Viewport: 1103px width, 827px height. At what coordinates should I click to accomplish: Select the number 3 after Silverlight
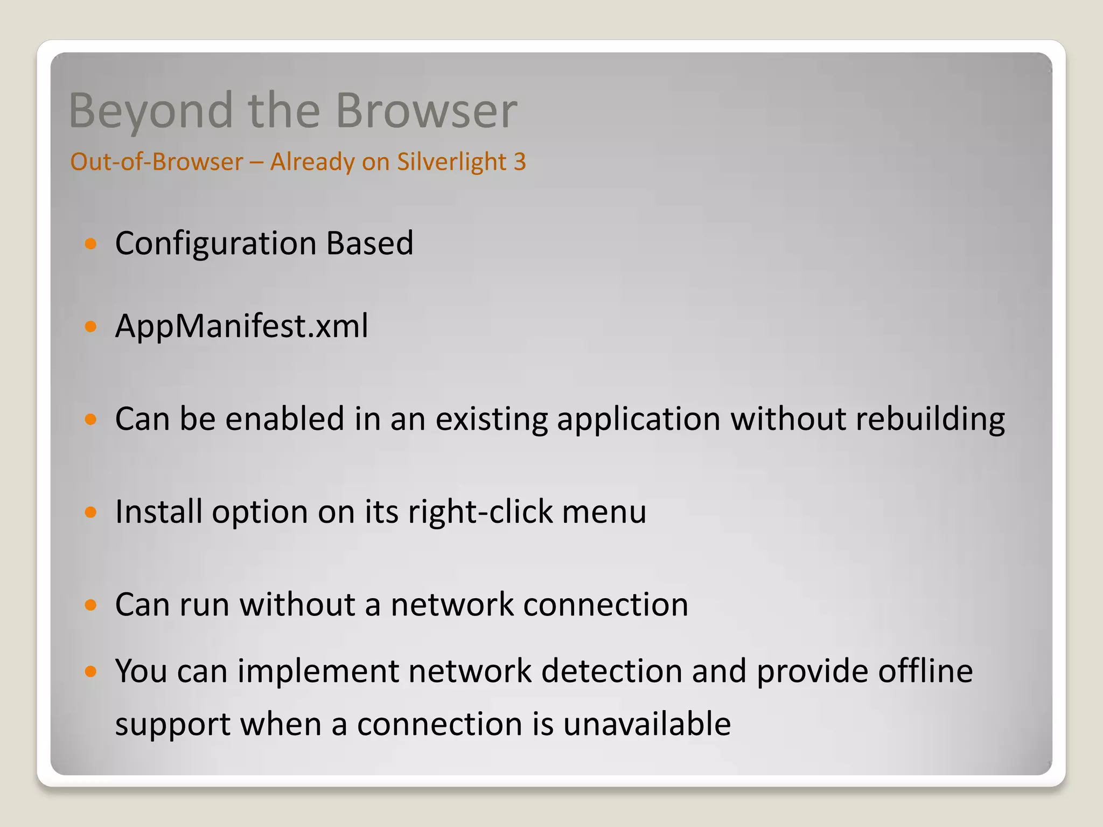click(x=519, y=162)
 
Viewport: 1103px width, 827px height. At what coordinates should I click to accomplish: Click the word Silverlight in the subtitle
click(x=451, y=162)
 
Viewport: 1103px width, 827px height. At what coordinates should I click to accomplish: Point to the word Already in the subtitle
click(x=311, y=162)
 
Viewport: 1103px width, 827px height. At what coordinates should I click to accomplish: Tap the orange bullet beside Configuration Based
click(x=90, y=244)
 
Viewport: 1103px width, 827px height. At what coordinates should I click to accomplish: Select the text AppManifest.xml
click(x=242, y=326)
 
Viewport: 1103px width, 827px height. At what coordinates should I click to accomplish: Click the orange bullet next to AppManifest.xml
click(x=90, y=326)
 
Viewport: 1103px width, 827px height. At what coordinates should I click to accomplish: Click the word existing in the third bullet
click(x=491, y=419)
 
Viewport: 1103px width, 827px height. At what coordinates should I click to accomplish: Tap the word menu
click(x=604, y=511)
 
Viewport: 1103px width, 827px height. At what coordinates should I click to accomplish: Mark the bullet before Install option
click(x=90, y=512)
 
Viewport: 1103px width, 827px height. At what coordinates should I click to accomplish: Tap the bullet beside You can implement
click(x=90, y=671)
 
